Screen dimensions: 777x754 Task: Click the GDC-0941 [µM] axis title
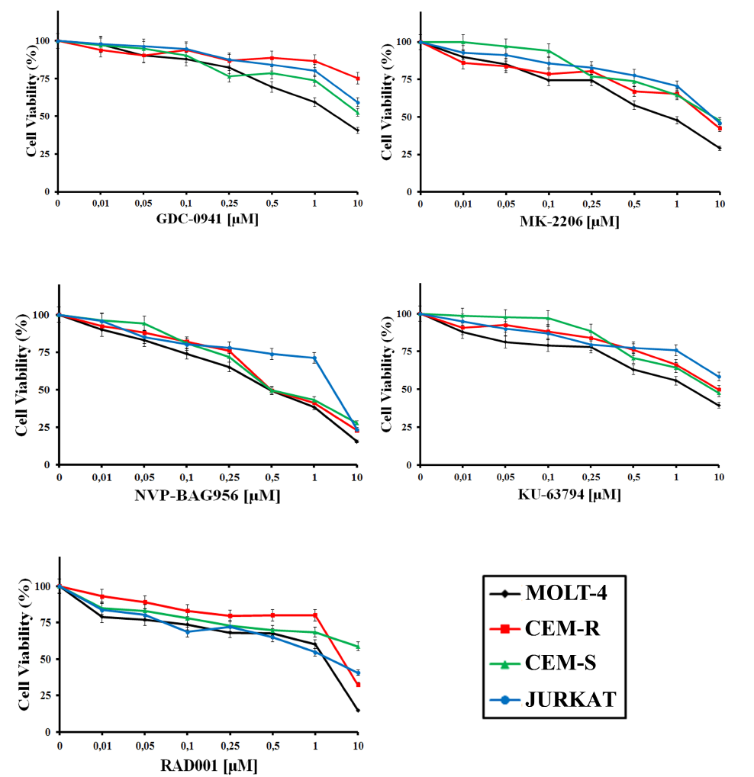pyautogui.click(x=207, y=221)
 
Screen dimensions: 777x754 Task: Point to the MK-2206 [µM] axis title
pyautogui.click(x=569, y=222)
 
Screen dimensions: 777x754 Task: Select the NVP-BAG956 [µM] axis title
pyautogui.click(x=208, y=496)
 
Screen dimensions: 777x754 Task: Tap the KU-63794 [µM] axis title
pyautogui.click(x=569, y=495)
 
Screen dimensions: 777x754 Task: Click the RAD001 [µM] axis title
pyautogui.click(x=208, y=764)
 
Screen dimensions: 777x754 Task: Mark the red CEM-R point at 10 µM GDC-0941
pyautogui.click(x=357, y=79)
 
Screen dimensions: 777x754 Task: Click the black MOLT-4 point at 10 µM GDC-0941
pyautogui.click(x=357, y=130)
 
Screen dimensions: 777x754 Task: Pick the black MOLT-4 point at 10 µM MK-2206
pyautogui.click(x=719, y=148)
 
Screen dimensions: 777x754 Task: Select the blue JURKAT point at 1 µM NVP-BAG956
pyautogui.click(x=314, y=358)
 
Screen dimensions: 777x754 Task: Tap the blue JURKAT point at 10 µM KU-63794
pyautogui.click(x=719, y=377)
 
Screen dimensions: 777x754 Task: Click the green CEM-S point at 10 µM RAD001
pyautogui.click(x=356, y=647)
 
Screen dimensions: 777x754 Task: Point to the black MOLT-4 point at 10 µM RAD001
pyautogui.click(x=356, y=711)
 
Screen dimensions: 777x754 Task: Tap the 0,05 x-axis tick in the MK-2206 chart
pyautogui.click(x=504, y=204)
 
